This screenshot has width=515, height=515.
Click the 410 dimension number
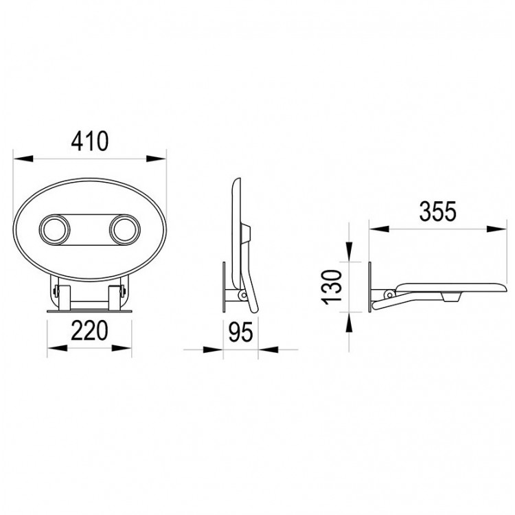tap(90, 141)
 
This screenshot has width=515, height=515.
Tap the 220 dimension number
tap(89, 330)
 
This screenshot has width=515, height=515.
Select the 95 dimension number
tap(241, 332)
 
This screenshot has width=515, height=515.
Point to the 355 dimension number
tap(438, 211)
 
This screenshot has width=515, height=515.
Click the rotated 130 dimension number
tap(332, 287)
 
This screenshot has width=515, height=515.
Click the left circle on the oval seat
tap(54, 229)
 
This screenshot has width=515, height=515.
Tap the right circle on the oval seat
tap(125, 229)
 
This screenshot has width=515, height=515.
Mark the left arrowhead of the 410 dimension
tap(23, 159)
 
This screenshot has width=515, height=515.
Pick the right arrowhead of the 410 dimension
tap(157, 159)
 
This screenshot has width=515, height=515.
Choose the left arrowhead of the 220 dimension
tap(58, 348)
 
